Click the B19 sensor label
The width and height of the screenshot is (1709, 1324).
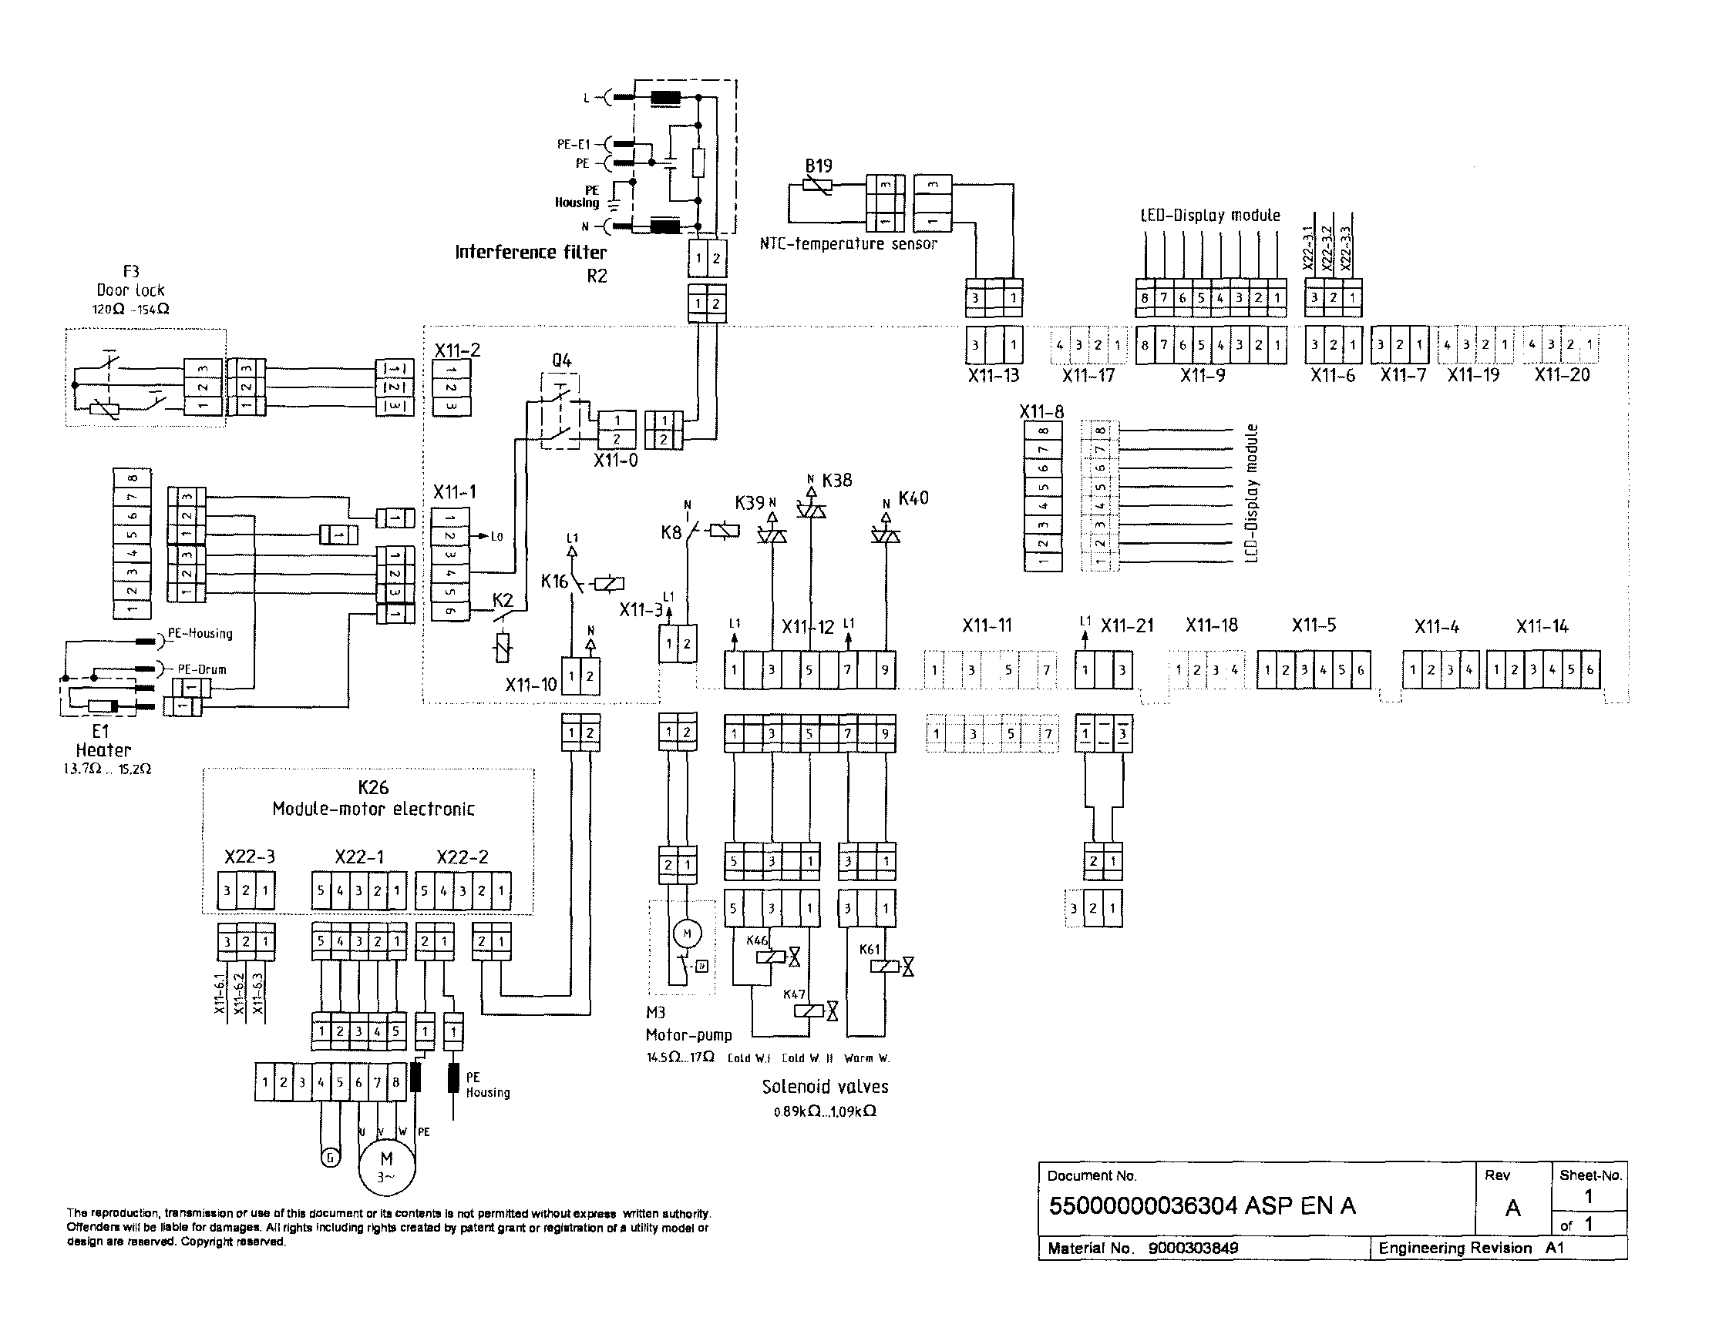819,166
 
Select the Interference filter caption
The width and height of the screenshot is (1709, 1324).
530,252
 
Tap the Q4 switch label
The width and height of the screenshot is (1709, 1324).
561,360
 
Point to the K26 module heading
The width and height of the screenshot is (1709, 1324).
373,787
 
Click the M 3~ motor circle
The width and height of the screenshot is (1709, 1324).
386,1166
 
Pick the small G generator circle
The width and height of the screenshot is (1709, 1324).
331,1158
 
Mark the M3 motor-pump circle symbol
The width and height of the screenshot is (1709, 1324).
687,933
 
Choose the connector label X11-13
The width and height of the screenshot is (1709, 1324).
993,375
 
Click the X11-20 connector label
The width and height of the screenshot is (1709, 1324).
1562,374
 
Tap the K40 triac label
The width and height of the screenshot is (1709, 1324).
913,498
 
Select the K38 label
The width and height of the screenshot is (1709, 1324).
836,480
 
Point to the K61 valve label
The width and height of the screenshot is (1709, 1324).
870,950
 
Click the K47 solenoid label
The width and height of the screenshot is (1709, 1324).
794,995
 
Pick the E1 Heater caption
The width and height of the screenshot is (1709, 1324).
102,741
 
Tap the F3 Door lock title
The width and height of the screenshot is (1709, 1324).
131,281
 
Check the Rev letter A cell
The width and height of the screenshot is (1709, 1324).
1512,1208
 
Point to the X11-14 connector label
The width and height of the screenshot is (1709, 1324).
1542,626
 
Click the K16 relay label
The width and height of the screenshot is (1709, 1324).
555,581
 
